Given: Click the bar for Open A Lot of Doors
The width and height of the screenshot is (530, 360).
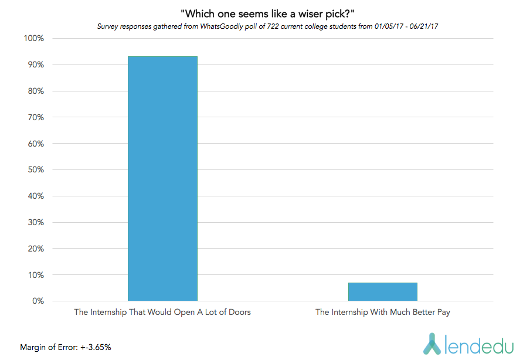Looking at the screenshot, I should pos(162,178).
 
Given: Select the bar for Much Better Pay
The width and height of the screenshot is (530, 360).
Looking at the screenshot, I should pos(382,291).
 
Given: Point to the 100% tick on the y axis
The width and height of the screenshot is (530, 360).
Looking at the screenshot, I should pos(33,39).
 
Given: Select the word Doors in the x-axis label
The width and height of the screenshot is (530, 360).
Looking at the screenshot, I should pos(239,313).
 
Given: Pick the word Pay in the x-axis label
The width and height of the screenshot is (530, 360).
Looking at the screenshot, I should pos(443,313).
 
